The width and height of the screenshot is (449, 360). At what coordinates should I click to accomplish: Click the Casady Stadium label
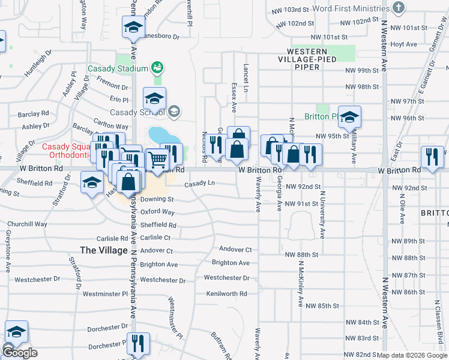point(118,68)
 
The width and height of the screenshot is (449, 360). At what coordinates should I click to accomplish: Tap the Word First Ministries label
point(351,8)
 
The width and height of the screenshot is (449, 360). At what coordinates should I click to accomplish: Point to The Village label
point(104,250)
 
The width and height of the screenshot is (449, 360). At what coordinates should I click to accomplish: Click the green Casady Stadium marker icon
point(157,68)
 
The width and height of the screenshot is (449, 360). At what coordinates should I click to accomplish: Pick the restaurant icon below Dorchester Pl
point(138,344)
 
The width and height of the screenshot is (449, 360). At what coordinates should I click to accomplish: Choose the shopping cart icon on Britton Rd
point(157,159)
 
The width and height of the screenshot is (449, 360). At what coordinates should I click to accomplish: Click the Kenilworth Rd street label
point(226,294)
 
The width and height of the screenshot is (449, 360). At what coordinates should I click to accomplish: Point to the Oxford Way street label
point(158,212)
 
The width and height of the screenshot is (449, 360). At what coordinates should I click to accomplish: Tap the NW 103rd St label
point(292,10)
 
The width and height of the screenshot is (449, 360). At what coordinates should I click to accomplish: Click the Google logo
point(20,353)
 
